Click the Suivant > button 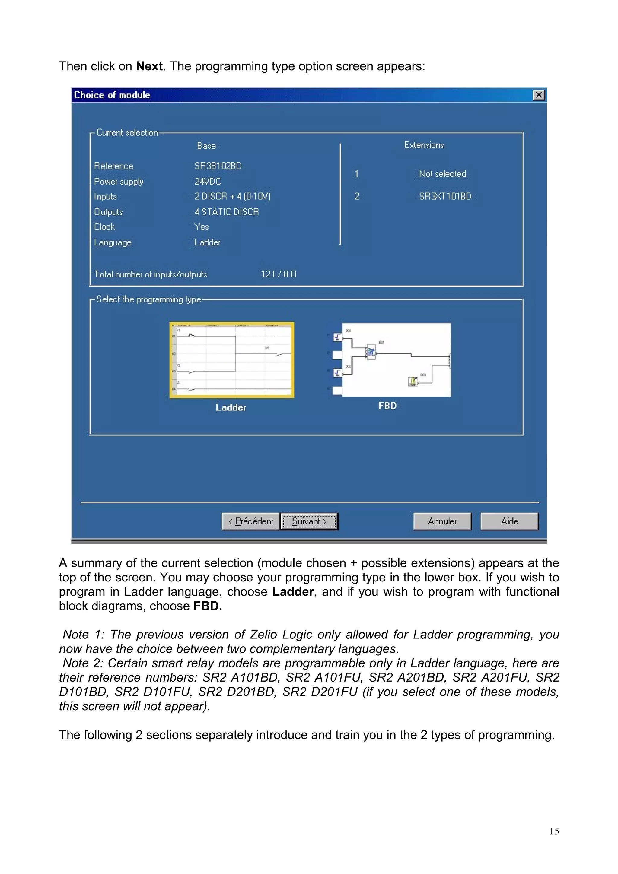tap(309, 521)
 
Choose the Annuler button tap(442, 521)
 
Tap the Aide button tap(509, 521)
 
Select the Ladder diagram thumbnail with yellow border tap(231, 360)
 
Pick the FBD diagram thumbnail tap(392, 360)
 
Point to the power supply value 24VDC tap(208, 182)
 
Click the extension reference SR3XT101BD tap(445, 196)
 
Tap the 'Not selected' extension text tap(442, 174)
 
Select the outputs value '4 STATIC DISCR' tap(227, 212)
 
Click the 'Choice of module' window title tap(112, 95)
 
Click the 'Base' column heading tap(206, 146)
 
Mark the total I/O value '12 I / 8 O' tap(278, 274)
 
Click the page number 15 tap(554, 831)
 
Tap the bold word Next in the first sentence tap(150, 66)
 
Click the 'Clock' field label tap(105, 227)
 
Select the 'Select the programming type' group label tap(148, 299)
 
